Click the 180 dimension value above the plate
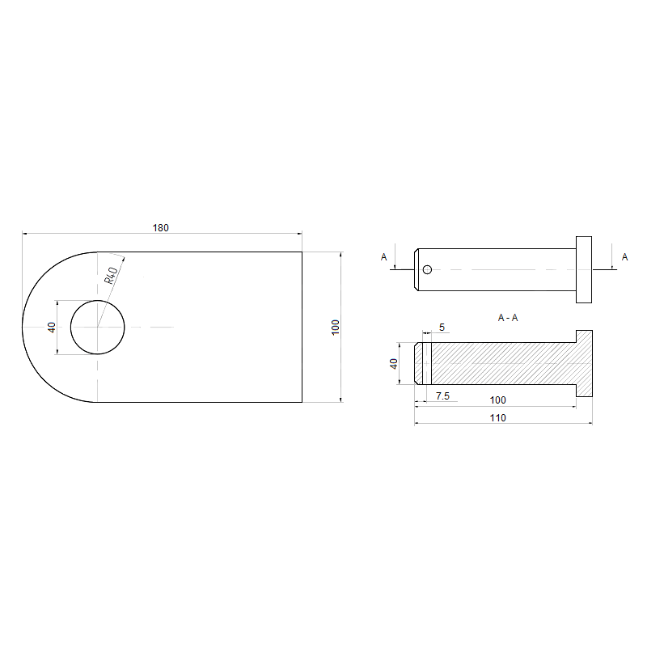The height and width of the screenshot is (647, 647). pos(160,228)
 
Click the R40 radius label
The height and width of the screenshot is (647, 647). pos(112,275)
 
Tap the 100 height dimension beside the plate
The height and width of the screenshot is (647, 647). pos(335,328)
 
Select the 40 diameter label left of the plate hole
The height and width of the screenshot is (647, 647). pos(51,328)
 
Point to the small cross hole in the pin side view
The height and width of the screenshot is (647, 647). pos(428,269)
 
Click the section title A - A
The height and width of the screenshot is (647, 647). pos(508,317)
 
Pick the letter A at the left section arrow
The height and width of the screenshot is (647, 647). pos(383,257)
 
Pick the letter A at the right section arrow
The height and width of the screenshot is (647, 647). pos(624,257)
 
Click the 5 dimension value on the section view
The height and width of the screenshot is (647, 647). pos(442,328)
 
